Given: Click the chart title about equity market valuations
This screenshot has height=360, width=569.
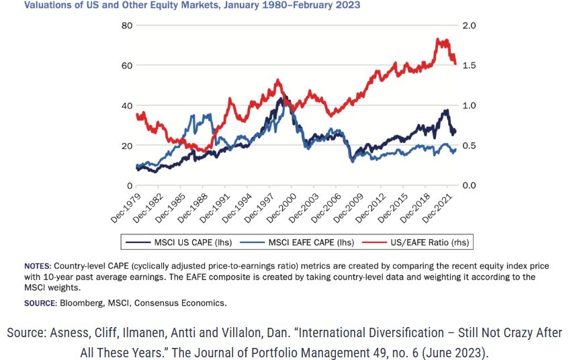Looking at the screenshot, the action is click(192, 5).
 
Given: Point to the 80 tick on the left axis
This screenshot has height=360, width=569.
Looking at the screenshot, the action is click(127, 26).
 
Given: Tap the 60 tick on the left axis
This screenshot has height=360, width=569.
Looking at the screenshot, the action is click(127, 66).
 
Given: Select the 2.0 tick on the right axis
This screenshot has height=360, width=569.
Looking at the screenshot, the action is click(469, 26).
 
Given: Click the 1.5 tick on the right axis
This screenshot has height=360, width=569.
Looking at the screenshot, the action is click(469, 66).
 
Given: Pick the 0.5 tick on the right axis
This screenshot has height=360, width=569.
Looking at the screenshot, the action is click(469, 146).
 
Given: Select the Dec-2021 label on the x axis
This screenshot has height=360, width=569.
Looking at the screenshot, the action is click(437, 208).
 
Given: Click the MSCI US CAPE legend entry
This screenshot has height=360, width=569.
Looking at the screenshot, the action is click(179, 242).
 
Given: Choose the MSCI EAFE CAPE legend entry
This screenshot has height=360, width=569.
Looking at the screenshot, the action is click(297, 242).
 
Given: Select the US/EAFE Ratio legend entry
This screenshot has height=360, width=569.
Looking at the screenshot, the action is click(416, 242).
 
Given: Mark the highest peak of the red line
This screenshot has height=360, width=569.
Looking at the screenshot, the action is click(438, 38).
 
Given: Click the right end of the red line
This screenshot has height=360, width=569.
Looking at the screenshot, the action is click(455, 64).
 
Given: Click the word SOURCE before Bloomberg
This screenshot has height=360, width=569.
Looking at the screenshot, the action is click(40, 303).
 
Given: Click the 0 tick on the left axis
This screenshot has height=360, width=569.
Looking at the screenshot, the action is click(130, 186).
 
